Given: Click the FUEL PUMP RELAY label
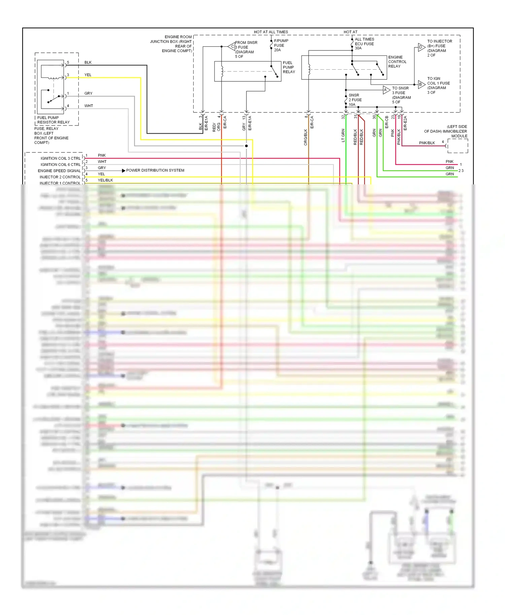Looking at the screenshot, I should (x=289, y=67).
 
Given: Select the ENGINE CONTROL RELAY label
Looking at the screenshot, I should (x=397, y=62).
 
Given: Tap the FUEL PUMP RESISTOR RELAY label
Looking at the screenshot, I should (x=53, y=120).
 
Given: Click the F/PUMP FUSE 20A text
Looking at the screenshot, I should (x=281, y=45).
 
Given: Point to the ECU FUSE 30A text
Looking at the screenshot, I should (x=364, y=44).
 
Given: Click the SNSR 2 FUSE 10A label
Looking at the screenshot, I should (x=355, y=100).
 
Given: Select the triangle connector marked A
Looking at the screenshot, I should (x=386, y=90).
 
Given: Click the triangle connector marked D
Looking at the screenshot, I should (x=421, y=47).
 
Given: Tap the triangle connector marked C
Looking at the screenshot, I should (x=232, y=46).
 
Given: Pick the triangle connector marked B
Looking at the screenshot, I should (x=421, y=84).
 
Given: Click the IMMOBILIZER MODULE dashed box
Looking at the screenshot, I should (x=458, y=146).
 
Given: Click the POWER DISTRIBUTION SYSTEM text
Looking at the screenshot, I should (x=155, y=171).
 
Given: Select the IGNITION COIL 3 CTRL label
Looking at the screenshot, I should (x=61, y=158).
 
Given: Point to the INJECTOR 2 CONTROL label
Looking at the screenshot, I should (x=60, y=177).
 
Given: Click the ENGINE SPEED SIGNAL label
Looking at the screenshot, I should (x=59, y=171).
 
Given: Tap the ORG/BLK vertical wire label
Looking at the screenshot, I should (x=306, y=137).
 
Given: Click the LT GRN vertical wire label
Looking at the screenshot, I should (x=343, y=135).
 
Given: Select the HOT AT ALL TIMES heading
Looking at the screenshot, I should (x=271, y=32).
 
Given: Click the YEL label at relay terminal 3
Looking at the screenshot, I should (x=88, y=75).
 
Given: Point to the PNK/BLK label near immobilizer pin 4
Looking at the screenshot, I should (x=427, y=143).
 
